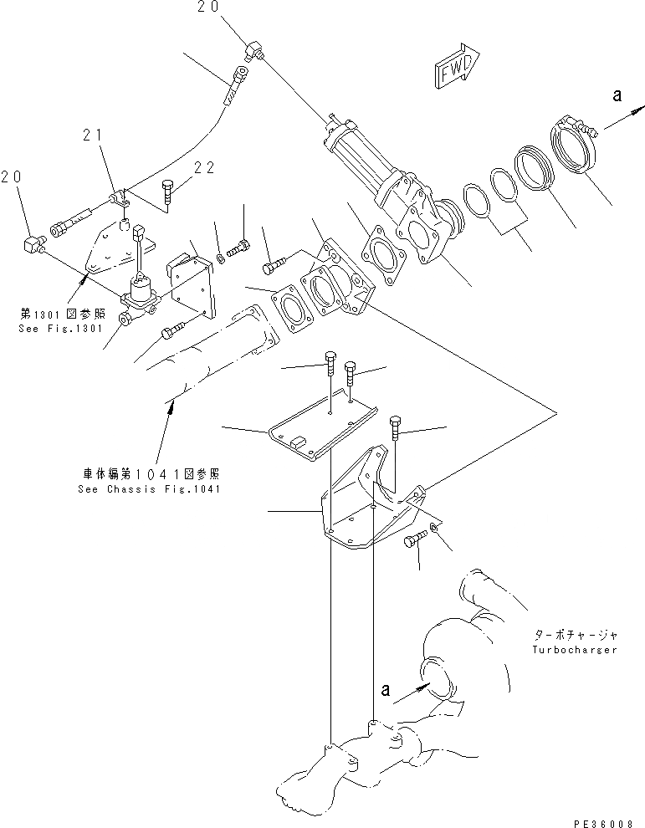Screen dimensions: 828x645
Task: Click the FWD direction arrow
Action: [x=456, y=66]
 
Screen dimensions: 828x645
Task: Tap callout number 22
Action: [x=204, y=167]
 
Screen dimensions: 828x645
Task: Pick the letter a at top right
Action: [x=617, y=96]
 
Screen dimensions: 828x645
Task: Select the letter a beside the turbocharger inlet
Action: [x=385, y=691]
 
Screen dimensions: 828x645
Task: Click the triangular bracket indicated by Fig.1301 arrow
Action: [x=100, y=251]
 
